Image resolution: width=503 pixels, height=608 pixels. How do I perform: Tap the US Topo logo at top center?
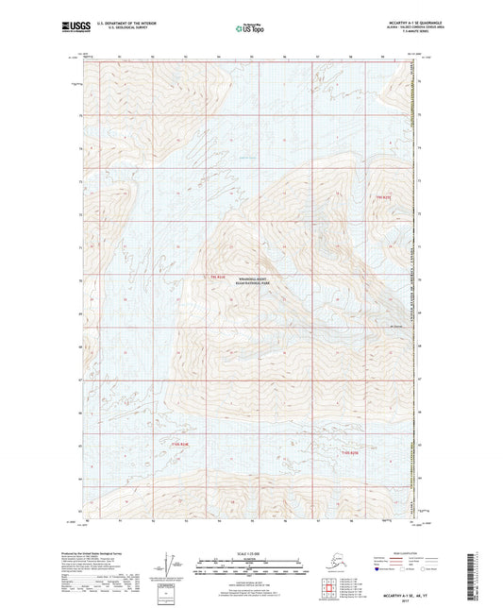(x=250, y=28)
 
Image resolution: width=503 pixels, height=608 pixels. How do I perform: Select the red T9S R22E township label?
(x=218, y=277)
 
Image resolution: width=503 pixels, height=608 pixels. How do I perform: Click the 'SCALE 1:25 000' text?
(x=251, y=552)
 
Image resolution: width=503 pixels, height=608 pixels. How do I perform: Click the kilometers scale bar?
(x=251, y=561)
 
